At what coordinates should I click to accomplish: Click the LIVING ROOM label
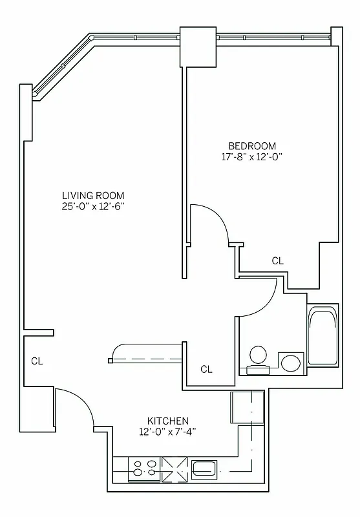coord(93,195)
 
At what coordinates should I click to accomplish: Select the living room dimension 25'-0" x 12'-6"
coord(93,207)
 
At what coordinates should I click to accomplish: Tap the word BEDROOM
coord(252,145)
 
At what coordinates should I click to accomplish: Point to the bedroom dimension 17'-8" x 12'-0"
coord(252,156)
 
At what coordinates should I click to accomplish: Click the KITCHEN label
coord(167,420)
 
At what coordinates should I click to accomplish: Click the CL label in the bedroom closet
coord(277,261)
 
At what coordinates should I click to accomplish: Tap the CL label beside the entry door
coord(37,361)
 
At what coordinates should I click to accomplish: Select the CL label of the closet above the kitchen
coord(206,370)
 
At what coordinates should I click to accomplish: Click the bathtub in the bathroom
coord(323,337)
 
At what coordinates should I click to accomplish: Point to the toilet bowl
coord(259,355)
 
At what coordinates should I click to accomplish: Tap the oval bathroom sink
coord(291,362)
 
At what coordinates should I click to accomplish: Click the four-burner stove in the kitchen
coord(144,468)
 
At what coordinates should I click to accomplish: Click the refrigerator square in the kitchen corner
coord(248,407)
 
